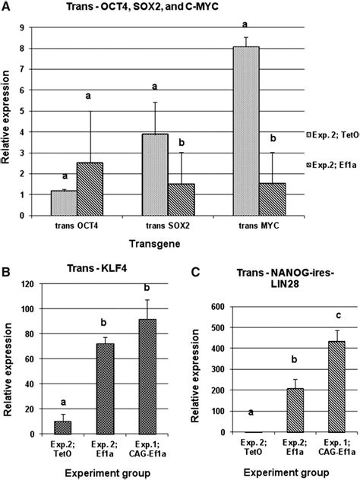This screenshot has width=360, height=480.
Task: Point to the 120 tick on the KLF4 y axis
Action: (34, 286)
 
